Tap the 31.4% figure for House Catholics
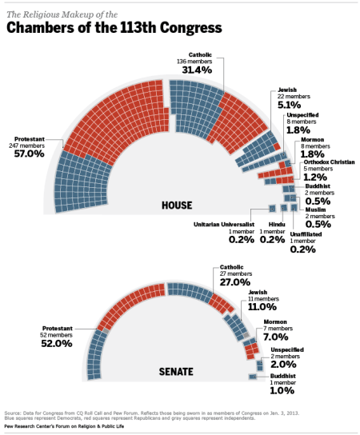coord(197,70)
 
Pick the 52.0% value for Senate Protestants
coord(57,344)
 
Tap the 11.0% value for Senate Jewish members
coord(262,306)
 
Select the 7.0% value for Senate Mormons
coord(274,336)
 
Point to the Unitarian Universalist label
coord(224,225)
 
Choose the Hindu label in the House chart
coord(277,225)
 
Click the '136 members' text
coord(196,61)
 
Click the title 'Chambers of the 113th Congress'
coord(114,29)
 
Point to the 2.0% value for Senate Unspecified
coord(284,364)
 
